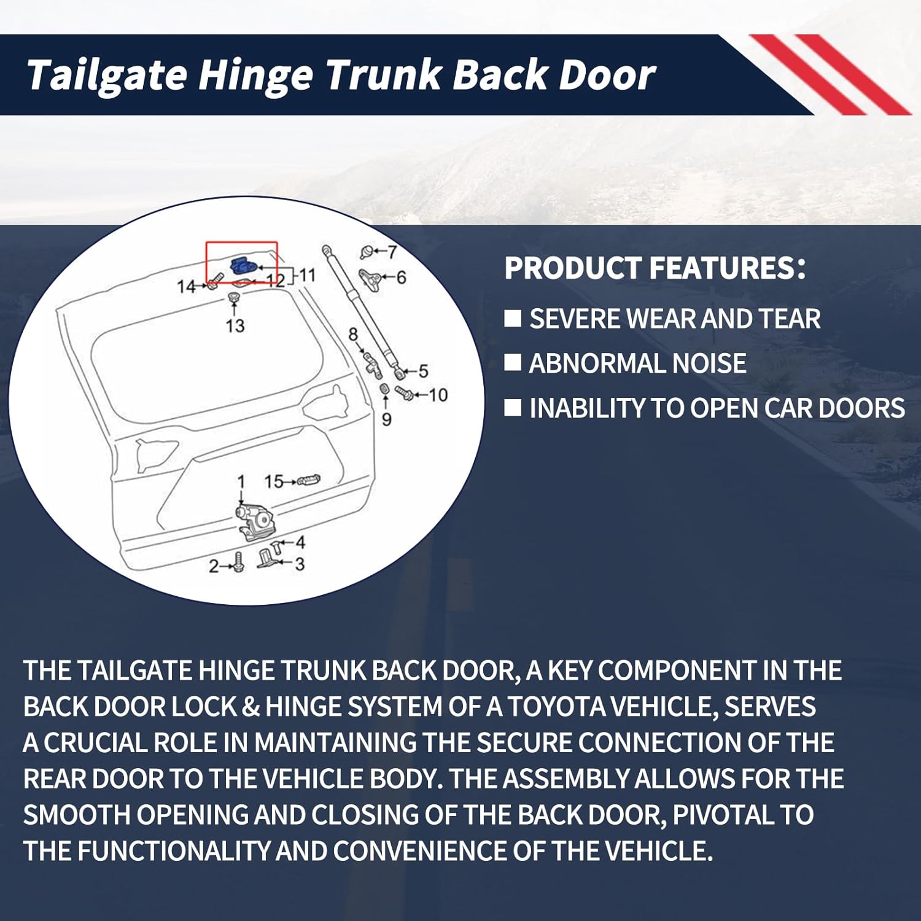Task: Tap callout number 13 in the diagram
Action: click(235, 325)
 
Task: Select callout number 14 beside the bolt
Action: click(186, 286)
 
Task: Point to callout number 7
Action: click(392, 251)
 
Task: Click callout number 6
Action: click(400, 278)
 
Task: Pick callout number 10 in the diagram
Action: click(438, 395)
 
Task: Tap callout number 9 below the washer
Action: click(386, 419)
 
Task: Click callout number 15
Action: click(274, 481)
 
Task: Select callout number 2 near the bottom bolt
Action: click(214, 565)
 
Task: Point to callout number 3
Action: click(300, 564)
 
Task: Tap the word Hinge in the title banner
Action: click(255, 75)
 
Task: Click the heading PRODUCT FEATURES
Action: click(655, 268)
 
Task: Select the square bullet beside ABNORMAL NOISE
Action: click(513, 363)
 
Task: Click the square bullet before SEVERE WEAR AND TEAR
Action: click(513, 318)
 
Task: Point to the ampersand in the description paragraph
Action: click(251, 707)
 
